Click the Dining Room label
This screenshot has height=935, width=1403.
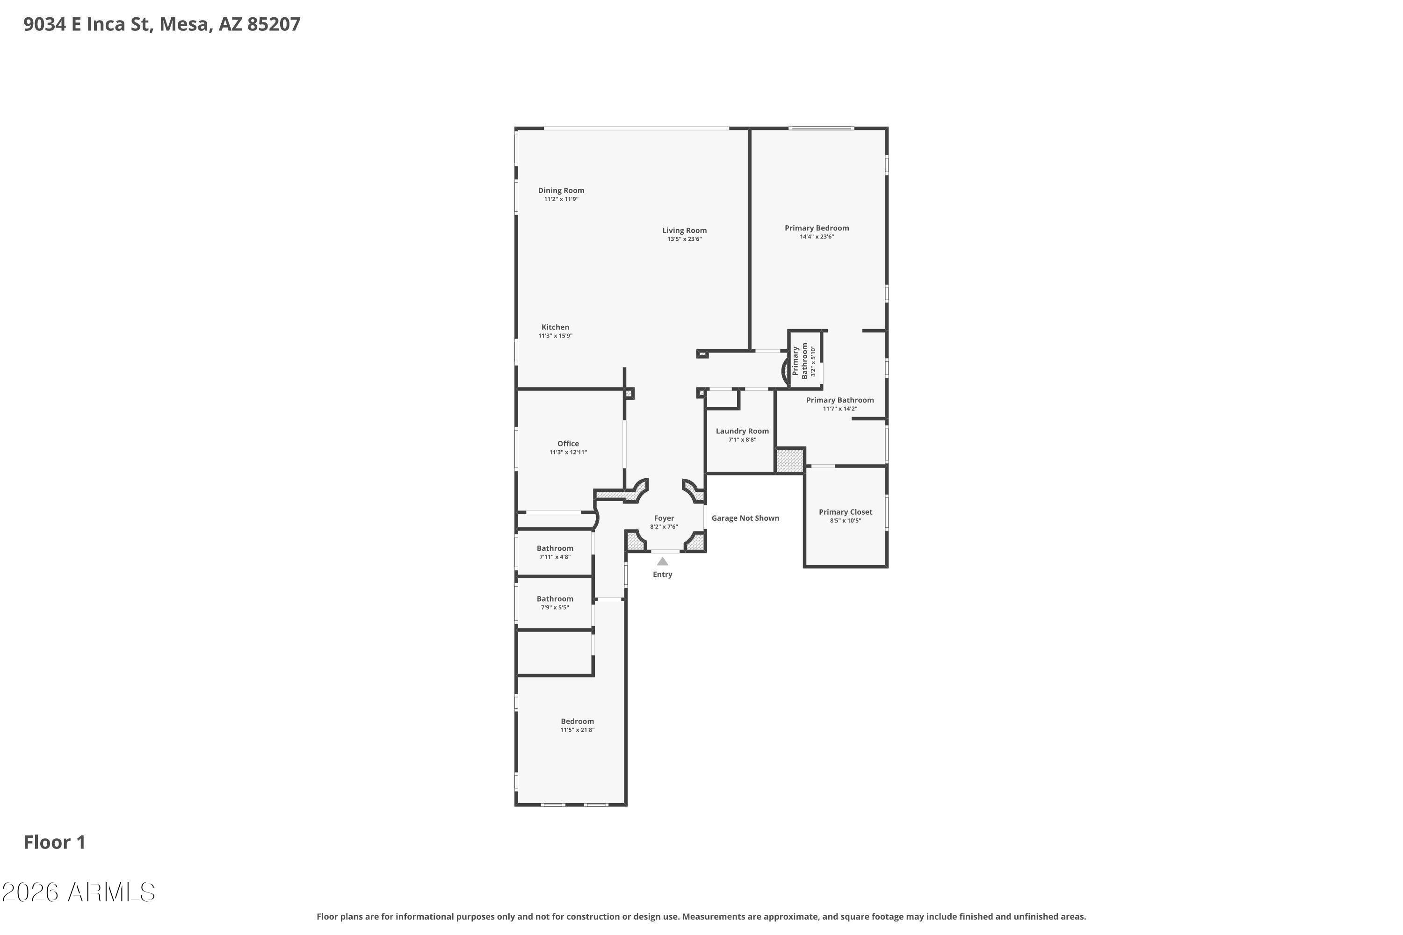(x=561, y=191)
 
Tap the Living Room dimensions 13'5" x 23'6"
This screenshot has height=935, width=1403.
(x=684, y=239)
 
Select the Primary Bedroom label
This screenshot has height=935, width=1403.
(x=817, y=228)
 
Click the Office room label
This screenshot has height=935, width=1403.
(x=568, y=444)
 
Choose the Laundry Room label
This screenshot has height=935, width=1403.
(x=742, y=431)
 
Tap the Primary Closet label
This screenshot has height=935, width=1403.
(x=845, y=511)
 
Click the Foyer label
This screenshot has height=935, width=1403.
(x=664, y=518)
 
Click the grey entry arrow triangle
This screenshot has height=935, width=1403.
(x=662, y=561)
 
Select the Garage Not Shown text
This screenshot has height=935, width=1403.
(x=745, y=518)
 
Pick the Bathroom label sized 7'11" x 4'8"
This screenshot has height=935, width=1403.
(x=555, y=548)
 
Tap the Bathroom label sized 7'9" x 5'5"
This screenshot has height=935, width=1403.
(x=555, y=599)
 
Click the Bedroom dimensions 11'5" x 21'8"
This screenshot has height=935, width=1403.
(x=577, y=730)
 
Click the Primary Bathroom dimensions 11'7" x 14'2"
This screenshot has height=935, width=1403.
(x=840, y=409)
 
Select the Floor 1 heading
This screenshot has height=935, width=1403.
(x=55, y=842)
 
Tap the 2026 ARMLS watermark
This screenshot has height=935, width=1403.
(x=78, y=892)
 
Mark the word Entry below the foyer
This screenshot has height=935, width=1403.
(x=662, y=574)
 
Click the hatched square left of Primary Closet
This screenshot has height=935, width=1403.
(x=790, y=461)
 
